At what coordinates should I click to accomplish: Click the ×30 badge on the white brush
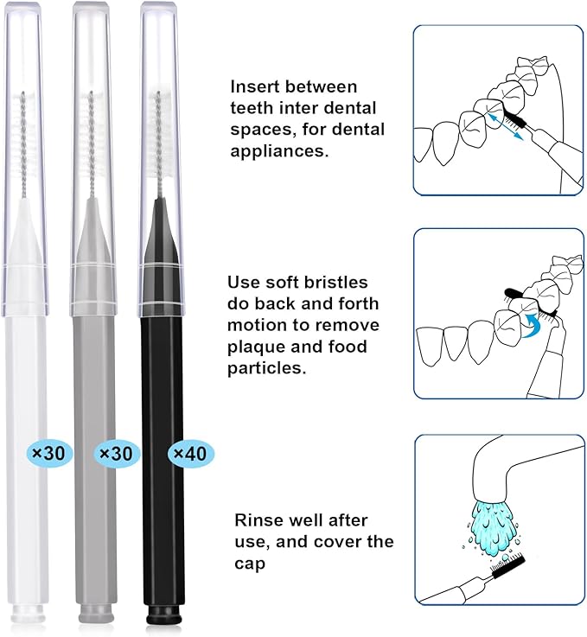point(42,452)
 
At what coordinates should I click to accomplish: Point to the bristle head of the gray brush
point(93,143)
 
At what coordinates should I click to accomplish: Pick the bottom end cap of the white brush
point(29,616)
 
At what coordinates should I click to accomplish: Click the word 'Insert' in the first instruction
point(254,87)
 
